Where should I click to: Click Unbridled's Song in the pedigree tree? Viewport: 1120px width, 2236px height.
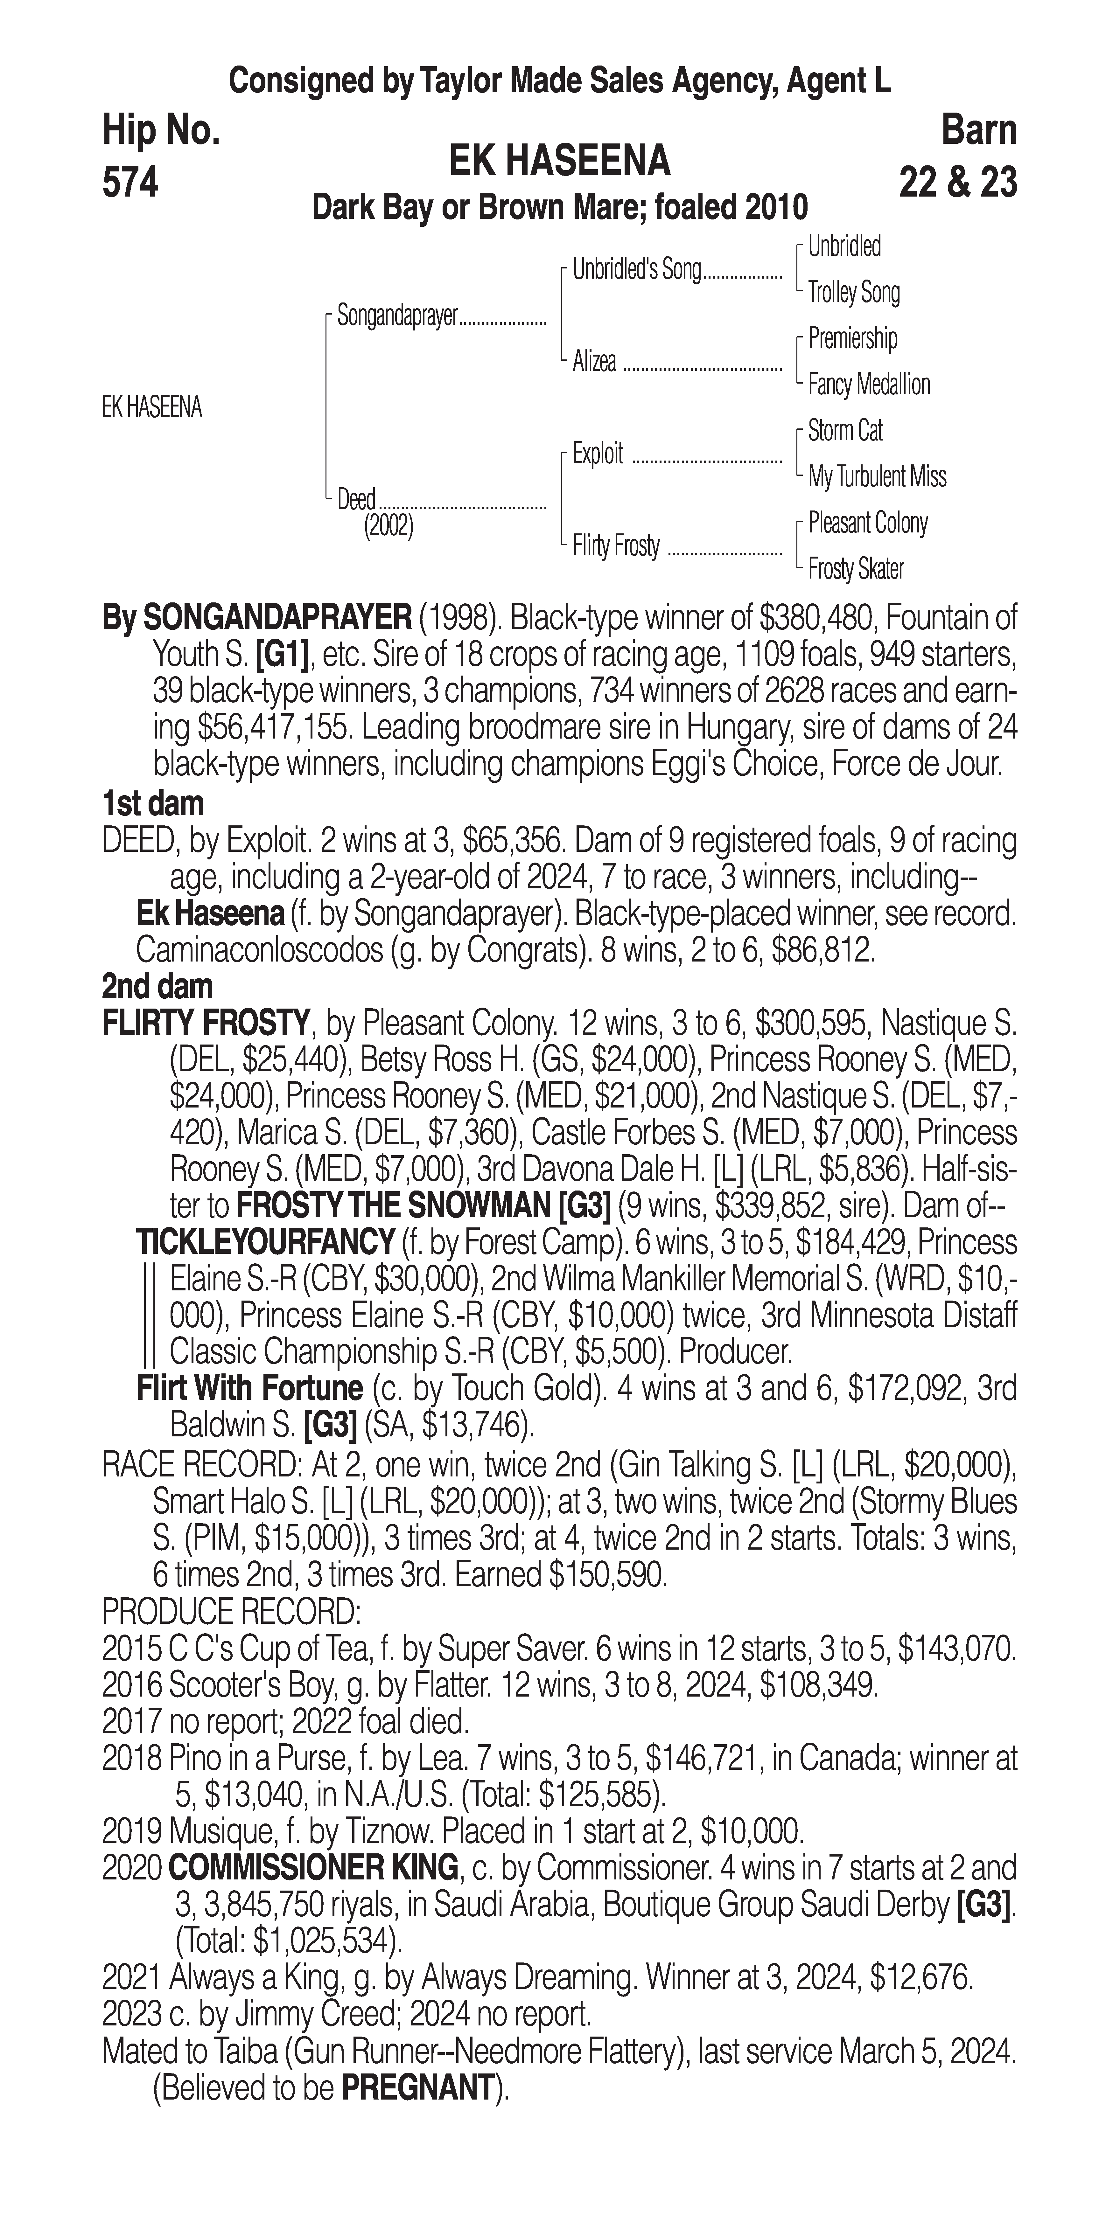tap(636, 270)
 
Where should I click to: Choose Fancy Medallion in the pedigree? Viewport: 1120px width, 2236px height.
tap(868, 385)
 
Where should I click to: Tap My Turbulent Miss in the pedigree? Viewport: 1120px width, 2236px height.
tap(877, 476)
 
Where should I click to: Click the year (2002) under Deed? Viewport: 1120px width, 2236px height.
tap(388, 526)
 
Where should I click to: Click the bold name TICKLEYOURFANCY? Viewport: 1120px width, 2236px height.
tap(266, 1242)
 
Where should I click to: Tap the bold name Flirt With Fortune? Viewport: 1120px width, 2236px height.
tap(249, 1388)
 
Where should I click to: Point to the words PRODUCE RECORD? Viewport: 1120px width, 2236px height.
tap(231, 1612)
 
